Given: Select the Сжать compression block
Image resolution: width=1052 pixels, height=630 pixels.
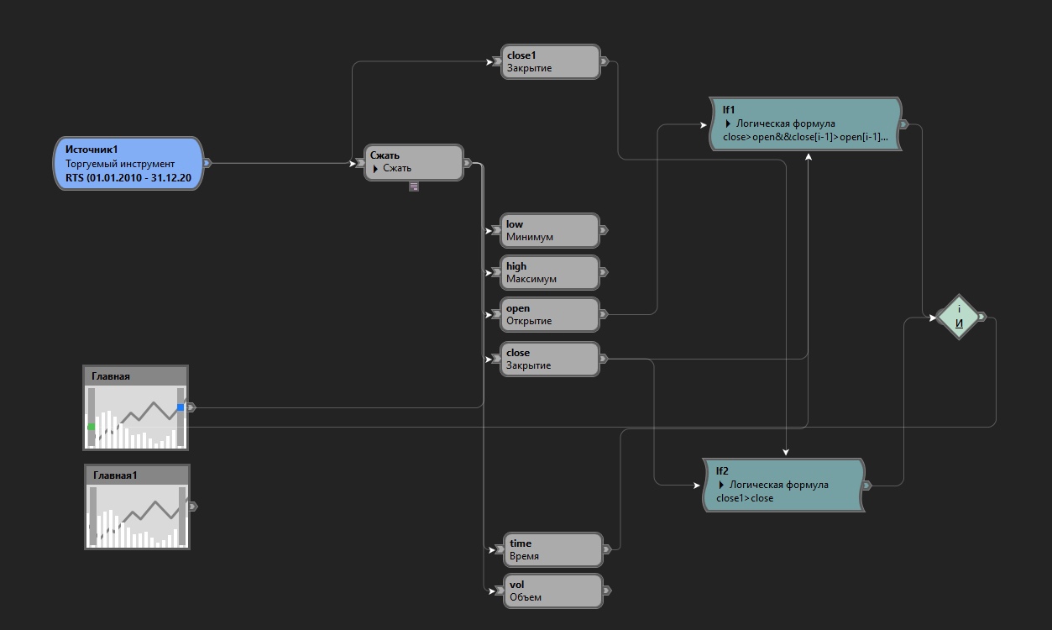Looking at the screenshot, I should (x=413, y=162).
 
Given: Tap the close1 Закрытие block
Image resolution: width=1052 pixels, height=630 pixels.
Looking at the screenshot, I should (x=550, y=62).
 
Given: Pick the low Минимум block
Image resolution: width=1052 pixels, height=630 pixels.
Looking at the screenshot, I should (x=550, y=230).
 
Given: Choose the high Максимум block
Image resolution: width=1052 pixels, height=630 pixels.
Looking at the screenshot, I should (x=550, y=272).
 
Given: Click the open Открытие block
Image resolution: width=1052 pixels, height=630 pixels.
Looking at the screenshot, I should (x=550, y=314).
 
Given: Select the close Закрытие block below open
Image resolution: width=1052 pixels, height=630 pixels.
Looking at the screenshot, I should (x=550, y=359).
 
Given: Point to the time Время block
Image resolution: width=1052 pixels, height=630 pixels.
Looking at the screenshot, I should (x=552, y=549).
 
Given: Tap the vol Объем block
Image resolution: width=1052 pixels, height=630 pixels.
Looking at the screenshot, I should (x=552, y=591).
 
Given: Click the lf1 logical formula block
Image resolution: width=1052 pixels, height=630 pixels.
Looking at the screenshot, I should (x=804, y=123).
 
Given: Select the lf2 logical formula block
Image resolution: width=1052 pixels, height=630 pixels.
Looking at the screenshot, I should (x=782, y=485).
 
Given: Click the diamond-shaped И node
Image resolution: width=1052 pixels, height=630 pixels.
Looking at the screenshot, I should (x=959, y=317).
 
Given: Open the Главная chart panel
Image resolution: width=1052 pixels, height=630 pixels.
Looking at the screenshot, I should (x=135, y=407).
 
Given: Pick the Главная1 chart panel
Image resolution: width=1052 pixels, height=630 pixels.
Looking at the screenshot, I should (x=137, y=507).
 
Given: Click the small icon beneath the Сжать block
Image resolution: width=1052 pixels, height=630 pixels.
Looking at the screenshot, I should (x=414, y=186).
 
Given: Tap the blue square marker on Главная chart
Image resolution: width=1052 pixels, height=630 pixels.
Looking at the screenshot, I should (x=181, y=407).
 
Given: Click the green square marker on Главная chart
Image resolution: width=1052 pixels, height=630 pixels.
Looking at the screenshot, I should (x=91, y=428).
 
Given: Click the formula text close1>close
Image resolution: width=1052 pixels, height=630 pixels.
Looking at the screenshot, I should (x=745, y=498).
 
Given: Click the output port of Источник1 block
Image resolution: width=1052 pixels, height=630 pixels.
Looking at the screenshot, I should (x=207, y=163).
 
